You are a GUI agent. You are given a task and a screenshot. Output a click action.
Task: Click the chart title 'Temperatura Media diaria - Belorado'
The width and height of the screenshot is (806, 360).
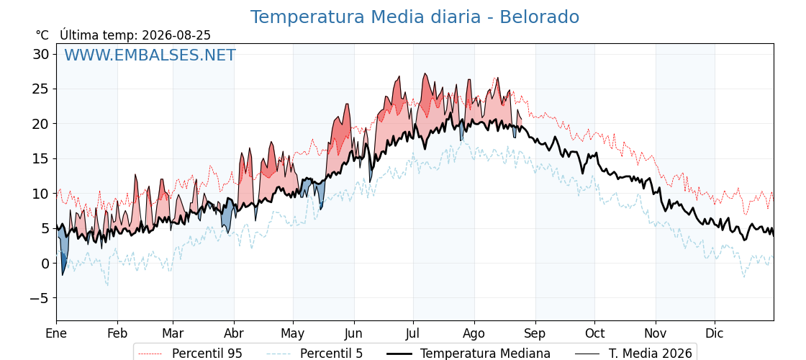[415, 17]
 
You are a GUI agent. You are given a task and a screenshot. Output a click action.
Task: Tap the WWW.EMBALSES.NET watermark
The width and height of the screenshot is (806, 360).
[150, 55]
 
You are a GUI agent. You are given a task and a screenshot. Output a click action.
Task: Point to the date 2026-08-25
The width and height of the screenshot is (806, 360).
[176, 35]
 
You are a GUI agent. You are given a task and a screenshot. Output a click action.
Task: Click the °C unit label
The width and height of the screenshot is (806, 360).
[42, 35]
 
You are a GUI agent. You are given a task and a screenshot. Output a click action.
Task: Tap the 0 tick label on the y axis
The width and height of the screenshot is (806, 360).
[45, 264]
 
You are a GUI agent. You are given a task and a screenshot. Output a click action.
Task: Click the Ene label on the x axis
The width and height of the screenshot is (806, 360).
[57, 334]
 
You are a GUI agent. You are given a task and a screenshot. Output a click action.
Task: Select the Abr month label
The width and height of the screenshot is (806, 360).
[234, 334]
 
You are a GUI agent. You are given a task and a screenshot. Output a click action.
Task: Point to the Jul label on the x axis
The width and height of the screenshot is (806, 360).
[413, 334]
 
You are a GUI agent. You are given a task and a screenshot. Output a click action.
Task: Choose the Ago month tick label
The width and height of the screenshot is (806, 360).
[474, 334]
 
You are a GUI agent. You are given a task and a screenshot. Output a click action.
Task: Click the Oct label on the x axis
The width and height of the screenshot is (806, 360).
[594, 334]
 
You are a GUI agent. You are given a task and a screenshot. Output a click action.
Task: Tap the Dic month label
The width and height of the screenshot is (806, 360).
[715, 334]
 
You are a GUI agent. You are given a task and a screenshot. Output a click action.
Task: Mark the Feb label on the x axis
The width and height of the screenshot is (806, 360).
[117, 334]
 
